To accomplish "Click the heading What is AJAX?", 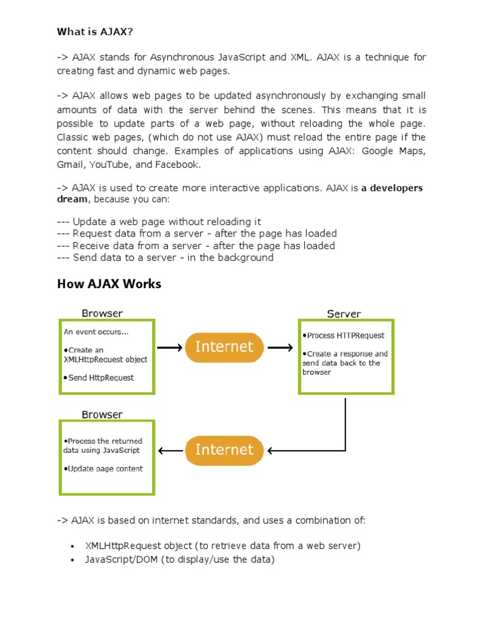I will coord(95,31).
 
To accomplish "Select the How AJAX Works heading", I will coord(109,284).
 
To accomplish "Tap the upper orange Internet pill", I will coord(224,347).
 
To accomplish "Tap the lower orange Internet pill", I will coord(224,450).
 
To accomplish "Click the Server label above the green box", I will coord(343,313).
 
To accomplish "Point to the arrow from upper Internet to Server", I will coord(280,347).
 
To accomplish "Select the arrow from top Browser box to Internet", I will coord(170,347).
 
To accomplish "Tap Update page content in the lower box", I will coord(103,469).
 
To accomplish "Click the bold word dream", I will coord(72,199).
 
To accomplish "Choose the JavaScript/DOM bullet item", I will coord(180,559).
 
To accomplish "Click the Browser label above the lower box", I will coord(102,414).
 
